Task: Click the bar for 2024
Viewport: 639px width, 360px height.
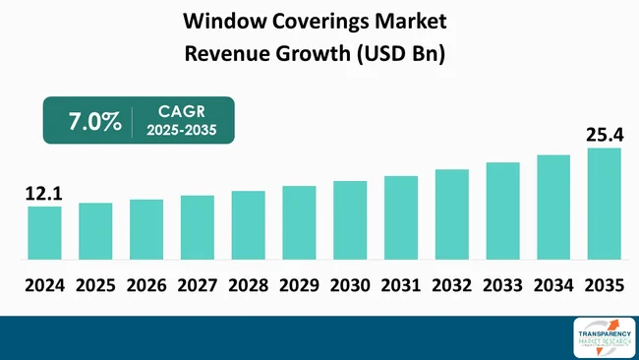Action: click(44, 233)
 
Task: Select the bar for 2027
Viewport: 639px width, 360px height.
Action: click(198, 227)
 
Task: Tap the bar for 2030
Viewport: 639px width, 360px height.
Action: click(350, 220)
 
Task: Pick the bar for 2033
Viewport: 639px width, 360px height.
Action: click(502, 210)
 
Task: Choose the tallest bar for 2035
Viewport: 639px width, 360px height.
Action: click(605, 204)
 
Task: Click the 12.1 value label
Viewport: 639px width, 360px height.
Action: click(42, 194)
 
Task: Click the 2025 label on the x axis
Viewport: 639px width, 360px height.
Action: click(95, 286)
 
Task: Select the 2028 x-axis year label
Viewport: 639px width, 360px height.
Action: click(248, 286)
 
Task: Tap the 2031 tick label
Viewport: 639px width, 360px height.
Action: click(401, 286)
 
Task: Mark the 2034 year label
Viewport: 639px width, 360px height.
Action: click(553, 286)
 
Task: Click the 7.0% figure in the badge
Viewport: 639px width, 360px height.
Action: click(95, 122)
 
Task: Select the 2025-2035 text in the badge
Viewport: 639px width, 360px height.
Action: click(182, 132)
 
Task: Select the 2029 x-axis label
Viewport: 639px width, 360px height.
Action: click(299, 286)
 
